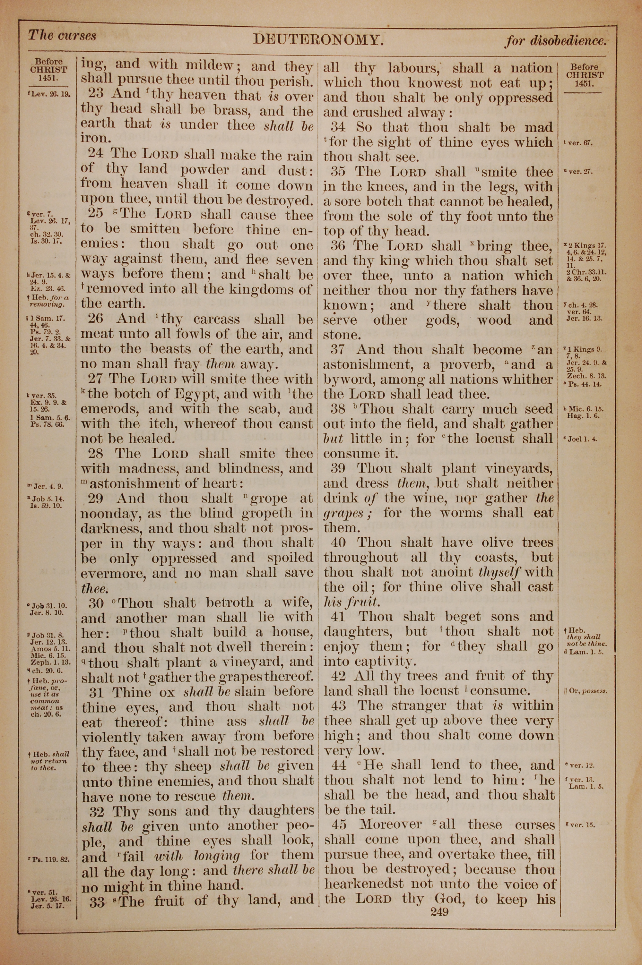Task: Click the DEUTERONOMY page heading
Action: coord(318,39)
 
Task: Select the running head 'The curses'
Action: coord(62,36)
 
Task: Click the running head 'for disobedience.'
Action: coord(555,40)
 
